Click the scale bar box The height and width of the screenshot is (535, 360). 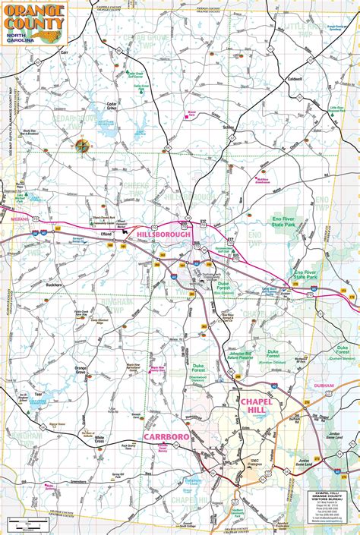tap(27, 523)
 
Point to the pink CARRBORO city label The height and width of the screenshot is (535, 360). tap(165, 438)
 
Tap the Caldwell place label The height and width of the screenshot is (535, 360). tap(295, 79)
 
